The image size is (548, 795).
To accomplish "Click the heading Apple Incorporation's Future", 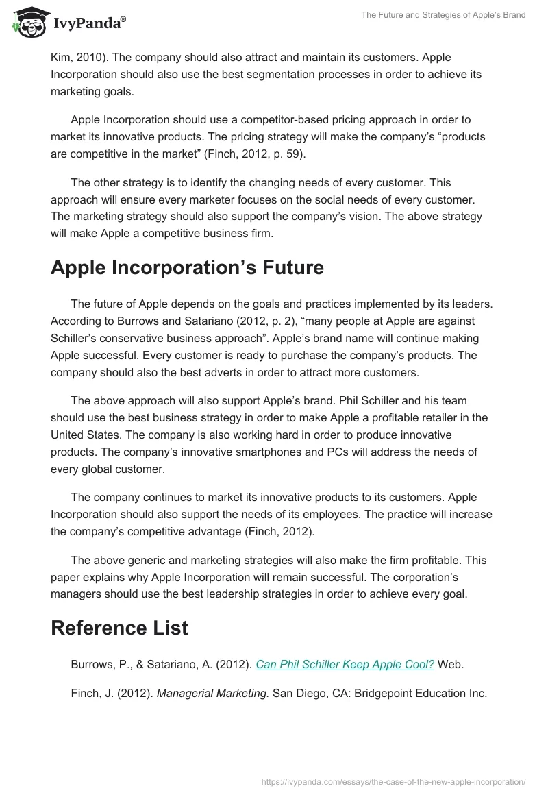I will (x=187, y=268).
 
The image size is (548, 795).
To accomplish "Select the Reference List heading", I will (x=119, y=628).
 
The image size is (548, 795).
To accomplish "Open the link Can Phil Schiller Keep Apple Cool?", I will (x=345, y=664).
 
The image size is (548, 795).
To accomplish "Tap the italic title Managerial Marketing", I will (x=213, y=693).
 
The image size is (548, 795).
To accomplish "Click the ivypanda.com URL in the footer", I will (x=394, y=781).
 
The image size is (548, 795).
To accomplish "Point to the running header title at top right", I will (x=443, y=15).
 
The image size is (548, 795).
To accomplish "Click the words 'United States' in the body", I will (x=86, y=435).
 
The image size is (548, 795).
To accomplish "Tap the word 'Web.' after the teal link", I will (x=451, y=664).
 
